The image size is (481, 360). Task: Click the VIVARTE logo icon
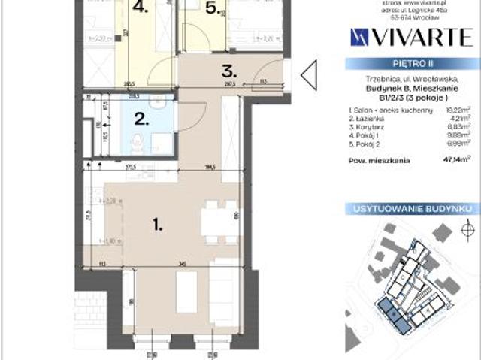coord(358,36)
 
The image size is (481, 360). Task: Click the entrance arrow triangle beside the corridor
coord(308,74)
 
